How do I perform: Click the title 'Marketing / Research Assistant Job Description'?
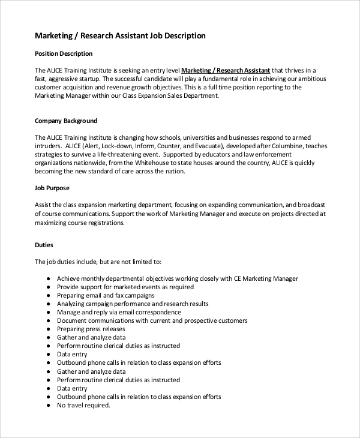click(120, 36)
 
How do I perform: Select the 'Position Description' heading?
click(64, 53)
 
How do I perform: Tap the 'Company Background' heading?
click(66, 121)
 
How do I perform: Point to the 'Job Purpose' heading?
click(52, 188)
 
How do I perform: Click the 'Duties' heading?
click(44, 245)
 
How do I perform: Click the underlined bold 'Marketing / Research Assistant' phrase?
click(226, 70)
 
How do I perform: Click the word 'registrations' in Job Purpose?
click(88, 223)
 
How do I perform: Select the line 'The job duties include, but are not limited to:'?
click(98, 262)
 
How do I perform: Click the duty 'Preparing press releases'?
click(91, 329)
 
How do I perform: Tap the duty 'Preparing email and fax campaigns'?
click(106, 295)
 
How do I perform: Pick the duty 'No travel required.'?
click(83, 405)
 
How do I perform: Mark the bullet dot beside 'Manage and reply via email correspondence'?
click(47, 313)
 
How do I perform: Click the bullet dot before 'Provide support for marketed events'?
click(47, 287)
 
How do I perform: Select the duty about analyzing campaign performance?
click(133, 304)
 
